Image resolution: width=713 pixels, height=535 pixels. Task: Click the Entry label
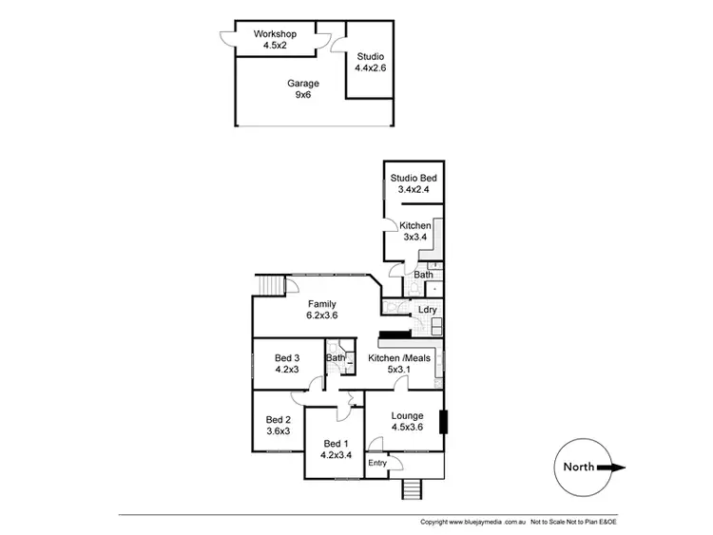point(377,463)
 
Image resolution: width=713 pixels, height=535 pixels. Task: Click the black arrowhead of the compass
point(617,467)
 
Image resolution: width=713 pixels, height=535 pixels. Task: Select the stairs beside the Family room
point(271,285)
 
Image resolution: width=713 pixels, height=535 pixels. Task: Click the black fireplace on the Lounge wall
point(442,421)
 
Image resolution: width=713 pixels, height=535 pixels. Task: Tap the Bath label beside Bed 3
point(336,358)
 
